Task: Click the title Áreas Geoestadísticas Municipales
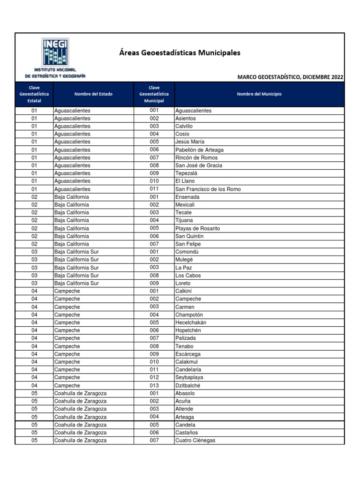[x=180, y=52]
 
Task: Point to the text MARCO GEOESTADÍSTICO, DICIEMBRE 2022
[x=290, y=77]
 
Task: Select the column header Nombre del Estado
[x=93, y=94]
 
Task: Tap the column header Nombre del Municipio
[x=259, y=94]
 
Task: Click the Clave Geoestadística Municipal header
[x=154, y=94]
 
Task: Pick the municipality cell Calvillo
[x=184, y=127]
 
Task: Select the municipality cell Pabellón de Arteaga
[x=199, y=150]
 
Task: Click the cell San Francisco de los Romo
[x=208, y=189]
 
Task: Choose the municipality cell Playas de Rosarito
[x=197, y=229]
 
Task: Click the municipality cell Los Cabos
[x=188, y=276]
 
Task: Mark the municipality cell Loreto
[x=183, y=284]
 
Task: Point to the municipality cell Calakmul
[x=187, y=362]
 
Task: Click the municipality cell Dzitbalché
[x=187, y=386]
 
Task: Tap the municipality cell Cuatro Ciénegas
[x=195, y=441]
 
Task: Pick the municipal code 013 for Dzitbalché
[x=154, y=386]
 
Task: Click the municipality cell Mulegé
[x=184, y=260]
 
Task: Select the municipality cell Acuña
[x=183, y=401]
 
